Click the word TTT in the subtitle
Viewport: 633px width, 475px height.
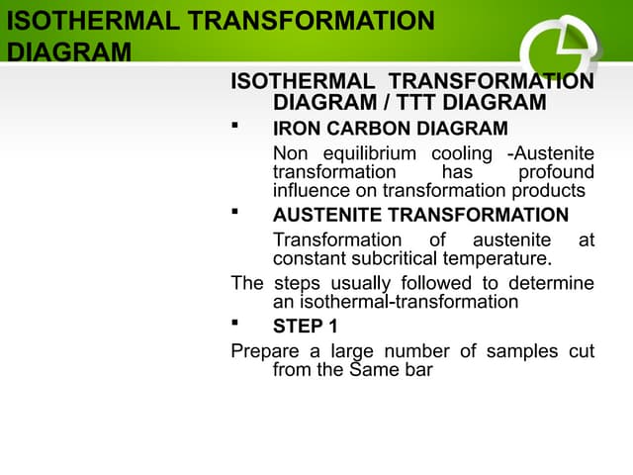click(426, 102)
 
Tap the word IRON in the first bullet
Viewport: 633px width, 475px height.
click(297, 129)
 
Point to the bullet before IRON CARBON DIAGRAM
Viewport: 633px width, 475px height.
click(234, 126)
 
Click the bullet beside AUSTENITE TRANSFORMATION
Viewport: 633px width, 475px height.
click(234, 212)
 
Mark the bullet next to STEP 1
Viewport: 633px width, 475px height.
click(234, 323)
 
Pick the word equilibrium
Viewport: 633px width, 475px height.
click(368, 154)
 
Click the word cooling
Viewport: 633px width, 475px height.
click(462, 154)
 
